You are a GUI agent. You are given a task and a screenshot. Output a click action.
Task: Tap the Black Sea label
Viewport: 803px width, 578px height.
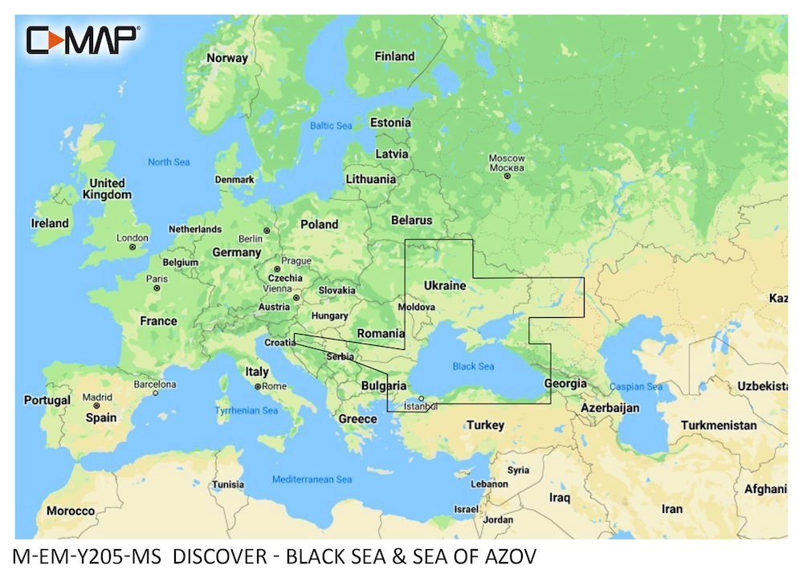coord(473,366)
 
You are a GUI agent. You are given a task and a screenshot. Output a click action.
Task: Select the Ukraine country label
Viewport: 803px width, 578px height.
coord(444,286)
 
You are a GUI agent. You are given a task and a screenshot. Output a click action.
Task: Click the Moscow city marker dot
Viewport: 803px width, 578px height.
coord(507,176)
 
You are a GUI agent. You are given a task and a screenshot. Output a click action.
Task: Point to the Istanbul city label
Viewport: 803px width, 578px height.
coord(421,405)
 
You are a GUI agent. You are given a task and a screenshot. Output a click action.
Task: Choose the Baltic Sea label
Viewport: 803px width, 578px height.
coord(331,126)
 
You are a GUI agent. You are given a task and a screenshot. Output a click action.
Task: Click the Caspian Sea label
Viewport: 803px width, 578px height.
coord(635,387)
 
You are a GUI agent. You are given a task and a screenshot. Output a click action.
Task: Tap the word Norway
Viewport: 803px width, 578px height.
coord(227,58)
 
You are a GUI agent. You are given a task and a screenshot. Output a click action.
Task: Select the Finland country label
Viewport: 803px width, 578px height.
coord(394,56)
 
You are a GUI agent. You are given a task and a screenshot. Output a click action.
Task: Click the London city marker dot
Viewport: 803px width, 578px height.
coord(132,247)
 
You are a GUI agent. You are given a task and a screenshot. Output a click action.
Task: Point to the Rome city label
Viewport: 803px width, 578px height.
coord(274,386)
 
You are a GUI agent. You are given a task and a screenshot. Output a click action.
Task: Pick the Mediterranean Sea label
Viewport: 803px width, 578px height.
coord(312,479)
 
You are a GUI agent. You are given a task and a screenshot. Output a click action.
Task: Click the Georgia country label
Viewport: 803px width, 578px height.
coord(565,383)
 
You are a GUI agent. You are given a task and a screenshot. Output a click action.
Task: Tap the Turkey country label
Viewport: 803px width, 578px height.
coord(485,425)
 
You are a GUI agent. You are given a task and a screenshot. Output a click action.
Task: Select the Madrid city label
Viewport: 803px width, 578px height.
coord(98,397)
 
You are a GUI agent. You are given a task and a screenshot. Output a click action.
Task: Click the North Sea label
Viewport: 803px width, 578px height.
coord(169,162)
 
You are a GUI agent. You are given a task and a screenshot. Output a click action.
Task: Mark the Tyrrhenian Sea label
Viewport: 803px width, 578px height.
coord(246,410)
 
